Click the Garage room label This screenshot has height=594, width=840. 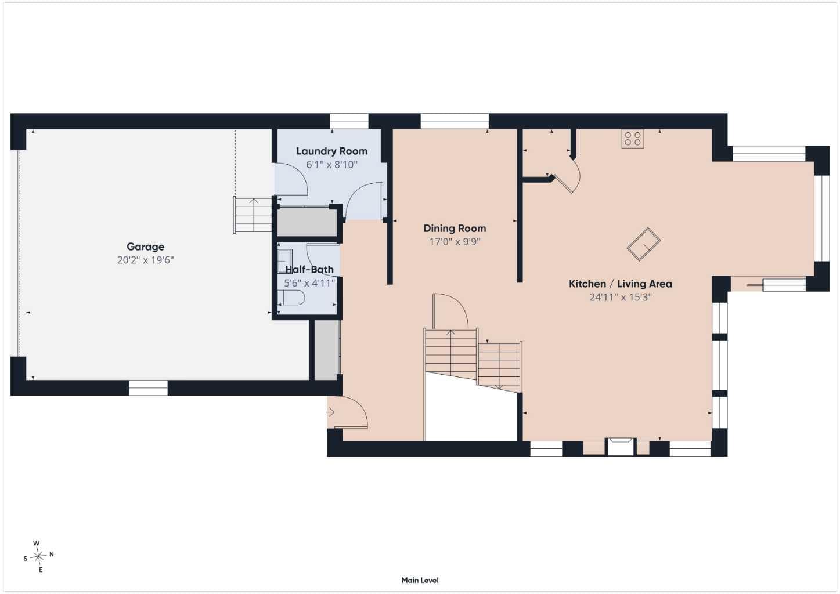(x=145, y=247)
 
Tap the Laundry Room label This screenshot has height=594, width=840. (x=331, y=151)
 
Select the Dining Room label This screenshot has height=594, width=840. (x=455, y=228)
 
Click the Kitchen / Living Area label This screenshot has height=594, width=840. (x=620, y=284)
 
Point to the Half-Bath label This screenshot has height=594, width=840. (x=309, y=270)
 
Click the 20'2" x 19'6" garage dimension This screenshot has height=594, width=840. (x=145, y=260)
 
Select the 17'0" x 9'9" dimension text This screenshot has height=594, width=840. (x=455, y=242)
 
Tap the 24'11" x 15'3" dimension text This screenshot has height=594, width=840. (x=620, y=297)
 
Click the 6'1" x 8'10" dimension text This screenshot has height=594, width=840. (x=331, y=165)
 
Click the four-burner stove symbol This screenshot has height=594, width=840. (x=633, y=139)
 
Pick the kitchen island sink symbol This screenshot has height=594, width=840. (x=644, y=244)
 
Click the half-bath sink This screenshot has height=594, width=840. (x=284, y=261)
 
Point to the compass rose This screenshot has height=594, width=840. (x=38, y=556)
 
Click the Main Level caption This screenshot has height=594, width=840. (x=420, y=580)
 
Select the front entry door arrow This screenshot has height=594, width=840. (x=330, y=412)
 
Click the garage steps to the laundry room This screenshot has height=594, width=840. (x=253, y=215)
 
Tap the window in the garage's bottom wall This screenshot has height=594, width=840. (x=148, y=388)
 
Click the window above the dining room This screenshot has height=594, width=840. (x=455, y=121)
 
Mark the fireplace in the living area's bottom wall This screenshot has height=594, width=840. (x=621, y=446)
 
